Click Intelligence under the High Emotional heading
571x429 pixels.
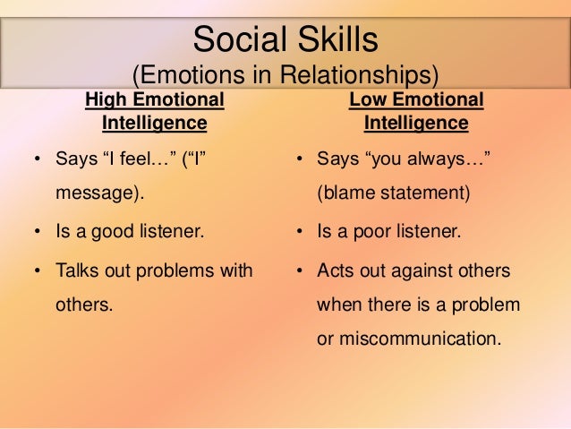[155, 122]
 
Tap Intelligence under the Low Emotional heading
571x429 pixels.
[416, 122]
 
